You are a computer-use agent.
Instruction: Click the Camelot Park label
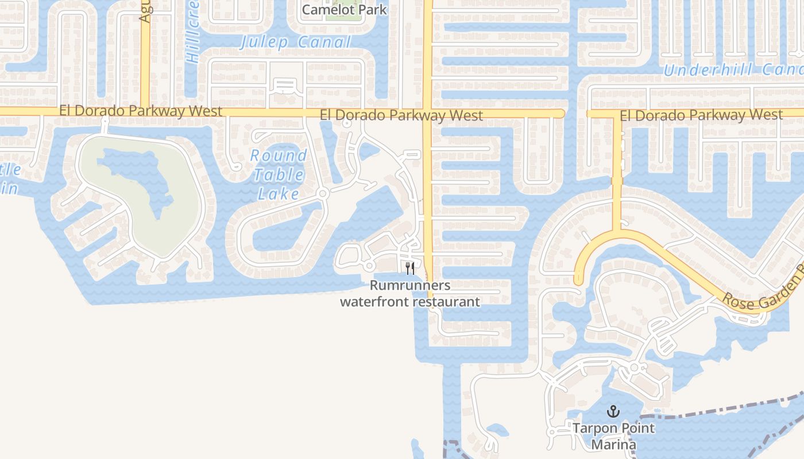coord(344,10)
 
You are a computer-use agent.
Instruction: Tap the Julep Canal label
coord(295,42)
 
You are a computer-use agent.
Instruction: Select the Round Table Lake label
coord(279,174)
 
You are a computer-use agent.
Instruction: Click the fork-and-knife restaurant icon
coord(410,268)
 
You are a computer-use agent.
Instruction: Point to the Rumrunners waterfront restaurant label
coord(410,293)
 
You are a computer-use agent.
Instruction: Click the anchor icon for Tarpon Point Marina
coord(614,411)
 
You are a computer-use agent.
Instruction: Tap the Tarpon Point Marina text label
coord(613,436)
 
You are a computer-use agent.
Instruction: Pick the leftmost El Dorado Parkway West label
coord(141,111)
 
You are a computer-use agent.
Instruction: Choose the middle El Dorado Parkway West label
coord(401,115)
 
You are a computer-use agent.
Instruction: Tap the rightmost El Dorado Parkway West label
coord(701,115)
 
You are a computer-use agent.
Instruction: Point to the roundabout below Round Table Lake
coord(323,194)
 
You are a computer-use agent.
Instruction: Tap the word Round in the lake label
coord(279,155)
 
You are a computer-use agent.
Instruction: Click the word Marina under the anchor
coord(613,445)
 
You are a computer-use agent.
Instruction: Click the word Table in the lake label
coord(279,174)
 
